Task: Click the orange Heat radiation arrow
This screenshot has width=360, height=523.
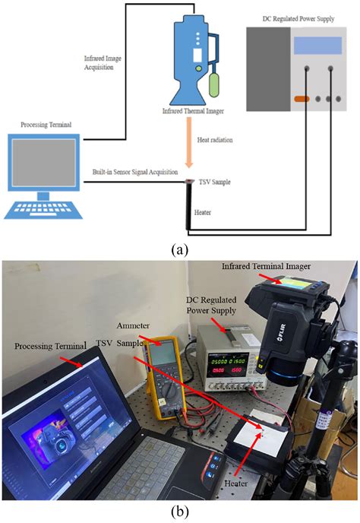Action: coord(189,142)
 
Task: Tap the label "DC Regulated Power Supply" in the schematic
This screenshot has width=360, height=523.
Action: coord(298,19)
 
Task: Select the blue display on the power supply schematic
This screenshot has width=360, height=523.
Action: coord(317,46)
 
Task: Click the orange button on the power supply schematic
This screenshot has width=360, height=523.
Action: coord(302,99)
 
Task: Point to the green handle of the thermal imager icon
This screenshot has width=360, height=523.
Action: coord(214,85)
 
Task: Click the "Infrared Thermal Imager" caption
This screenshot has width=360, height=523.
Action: coord(193,111)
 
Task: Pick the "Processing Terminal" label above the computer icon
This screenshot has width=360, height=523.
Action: coord(46,125)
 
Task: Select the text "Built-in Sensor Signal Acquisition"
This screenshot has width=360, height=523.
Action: coord(135,172)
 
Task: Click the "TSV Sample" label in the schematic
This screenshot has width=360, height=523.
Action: coord(214,182)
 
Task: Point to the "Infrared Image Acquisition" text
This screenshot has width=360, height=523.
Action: coord(103,62)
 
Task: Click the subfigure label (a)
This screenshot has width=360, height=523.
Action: coord(180,249)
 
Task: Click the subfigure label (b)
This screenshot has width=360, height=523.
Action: coord(180,511)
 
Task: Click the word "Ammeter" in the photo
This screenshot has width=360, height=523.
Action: coord(133,326)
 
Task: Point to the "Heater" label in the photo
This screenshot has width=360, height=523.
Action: coord(235,483)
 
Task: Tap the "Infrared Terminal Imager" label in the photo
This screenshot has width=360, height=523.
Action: coord(267,266)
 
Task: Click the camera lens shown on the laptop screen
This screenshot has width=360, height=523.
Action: coord(62,445)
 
